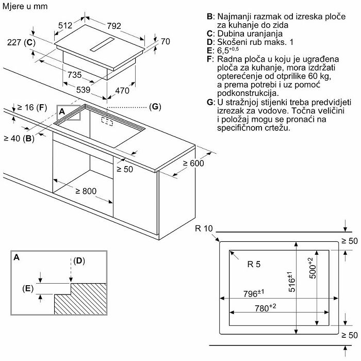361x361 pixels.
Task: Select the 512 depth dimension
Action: (67, 25)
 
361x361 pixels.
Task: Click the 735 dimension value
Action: (74, 75)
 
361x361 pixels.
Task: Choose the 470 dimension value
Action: (121, 91)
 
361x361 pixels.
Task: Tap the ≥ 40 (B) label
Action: (19, 138)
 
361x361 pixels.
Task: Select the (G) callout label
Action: (155, 107)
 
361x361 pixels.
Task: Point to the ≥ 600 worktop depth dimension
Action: (193, 163)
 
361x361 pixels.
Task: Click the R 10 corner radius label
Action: (204, 228)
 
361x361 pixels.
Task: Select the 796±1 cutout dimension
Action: (253, 294)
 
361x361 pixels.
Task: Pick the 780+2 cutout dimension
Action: (265, 308)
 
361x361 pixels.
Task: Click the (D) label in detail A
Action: (78, 260)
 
